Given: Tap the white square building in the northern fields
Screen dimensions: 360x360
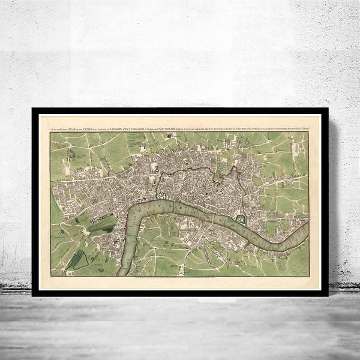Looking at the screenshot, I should [x=144, y=147].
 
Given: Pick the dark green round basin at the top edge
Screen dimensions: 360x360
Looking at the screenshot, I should [x=170, y=136].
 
